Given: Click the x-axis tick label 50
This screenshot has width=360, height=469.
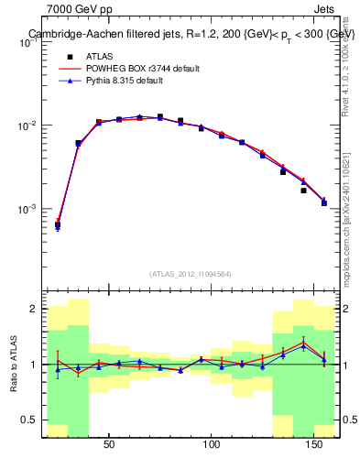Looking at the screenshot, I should (x=109, y=444).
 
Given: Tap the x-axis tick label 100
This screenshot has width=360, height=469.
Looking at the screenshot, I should (x=213, y=444).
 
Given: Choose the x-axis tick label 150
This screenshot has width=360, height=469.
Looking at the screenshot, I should (x=315, y=444).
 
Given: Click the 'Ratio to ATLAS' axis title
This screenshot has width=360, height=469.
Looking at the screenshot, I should (x=12, y=365).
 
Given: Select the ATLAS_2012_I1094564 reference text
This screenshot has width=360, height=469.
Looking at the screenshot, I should (x=191, y=274).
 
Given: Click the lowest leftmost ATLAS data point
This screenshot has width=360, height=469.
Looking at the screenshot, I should (x=58, y=224).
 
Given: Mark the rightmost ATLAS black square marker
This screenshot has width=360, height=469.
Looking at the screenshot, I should (x=324, y=202).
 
